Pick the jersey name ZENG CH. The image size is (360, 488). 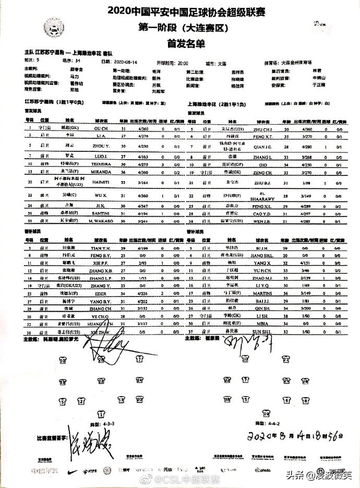pyautogui.click(x=263, y=171)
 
